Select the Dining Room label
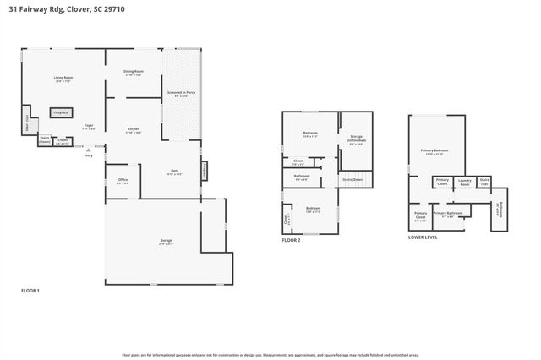click(x=134, y=73)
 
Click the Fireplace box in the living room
click(x=61, y=112)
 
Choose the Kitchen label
click(x=134, y=129)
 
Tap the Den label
click(x=172, y=172)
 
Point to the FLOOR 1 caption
click(x=30, y=290)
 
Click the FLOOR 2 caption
click(x=292, y=240)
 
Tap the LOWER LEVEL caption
click(x=423, y=237)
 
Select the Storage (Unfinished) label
click(x=355, y=142)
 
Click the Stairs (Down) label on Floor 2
click(x=352, y=179)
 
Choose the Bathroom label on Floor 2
click(x=302, y=177)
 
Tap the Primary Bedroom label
click(x=435, y=152)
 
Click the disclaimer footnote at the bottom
click(x=270, y=355)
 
